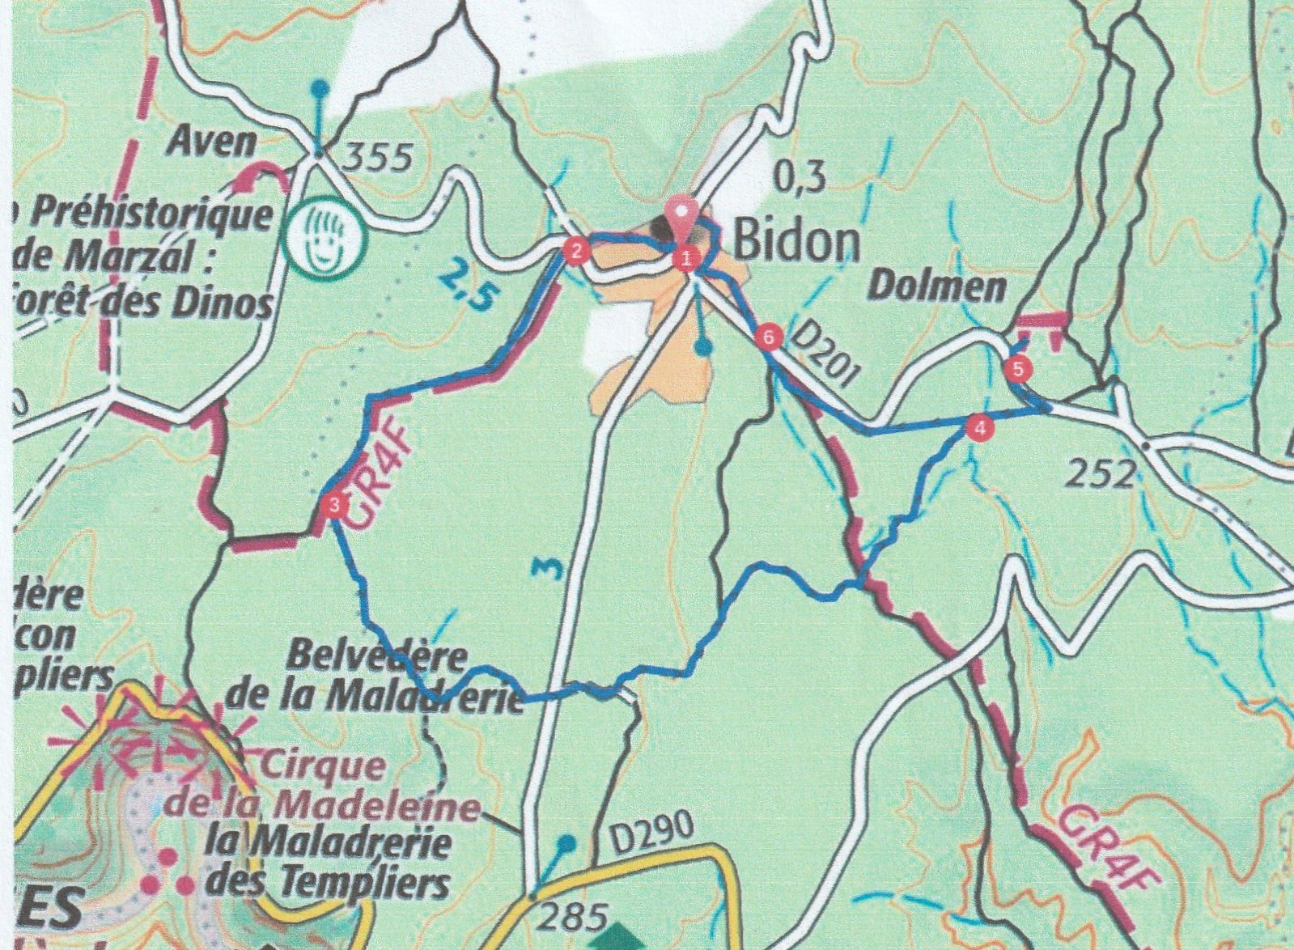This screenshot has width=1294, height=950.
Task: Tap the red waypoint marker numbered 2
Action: [575, 250]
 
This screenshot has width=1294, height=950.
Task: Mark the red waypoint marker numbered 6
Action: [769, 336]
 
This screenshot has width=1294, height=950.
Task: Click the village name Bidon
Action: [795, 241]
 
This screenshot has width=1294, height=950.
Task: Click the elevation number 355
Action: [378, 158]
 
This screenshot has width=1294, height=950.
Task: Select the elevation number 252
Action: [1101, 475]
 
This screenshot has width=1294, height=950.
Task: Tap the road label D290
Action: [653, 835]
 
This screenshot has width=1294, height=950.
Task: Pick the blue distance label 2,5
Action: [465, 287]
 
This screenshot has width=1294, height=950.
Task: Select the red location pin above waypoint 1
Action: [683, 214]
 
